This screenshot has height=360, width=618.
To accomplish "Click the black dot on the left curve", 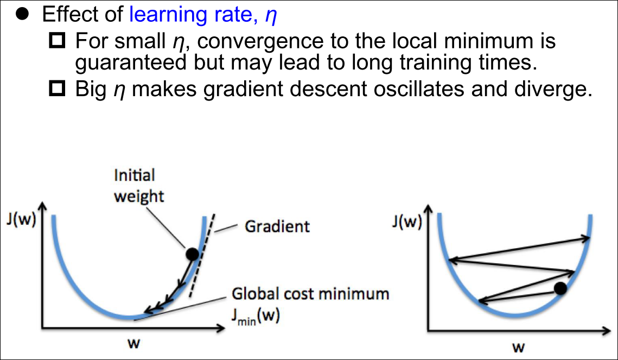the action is pyautogui.click(x=192, y=254).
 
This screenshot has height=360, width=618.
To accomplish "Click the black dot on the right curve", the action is pyautogui.click(x=560, y=288).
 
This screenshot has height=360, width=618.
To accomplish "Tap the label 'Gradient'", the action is pyautogui.click(x=277, y=226).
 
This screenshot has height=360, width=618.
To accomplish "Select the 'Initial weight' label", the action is pyautogui.click(x=139, y=186).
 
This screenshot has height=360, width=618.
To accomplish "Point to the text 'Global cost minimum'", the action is pyautogui.click(x=310, y=294).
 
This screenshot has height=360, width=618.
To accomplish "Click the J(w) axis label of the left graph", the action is pyautogui.click(x=21, y=219).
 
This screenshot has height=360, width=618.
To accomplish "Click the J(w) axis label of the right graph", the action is pyautogui.click(x=407, y=222).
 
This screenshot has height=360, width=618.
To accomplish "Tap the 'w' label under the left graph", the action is pyautogui.click(x=133, y=344).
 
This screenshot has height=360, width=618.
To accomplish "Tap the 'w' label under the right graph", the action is pyautogui.click(x=519, y=348).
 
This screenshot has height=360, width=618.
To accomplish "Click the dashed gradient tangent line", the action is pyautogui.click(x=202, y=256).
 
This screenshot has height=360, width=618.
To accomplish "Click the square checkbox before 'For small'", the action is pyautogui.click(x=57, y=40).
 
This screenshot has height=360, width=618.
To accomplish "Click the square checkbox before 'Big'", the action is pyautogui.click(x=57, y=89).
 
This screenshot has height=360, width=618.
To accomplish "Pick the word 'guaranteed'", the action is pyautogui.click(x=131, y=63).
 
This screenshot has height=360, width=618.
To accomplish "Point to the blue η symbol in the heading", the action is pyautogui.click(x=271, y=16).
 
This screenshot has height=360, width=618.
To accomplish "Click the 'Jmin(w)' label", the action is pyautogui.click(x=256, y=317).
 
